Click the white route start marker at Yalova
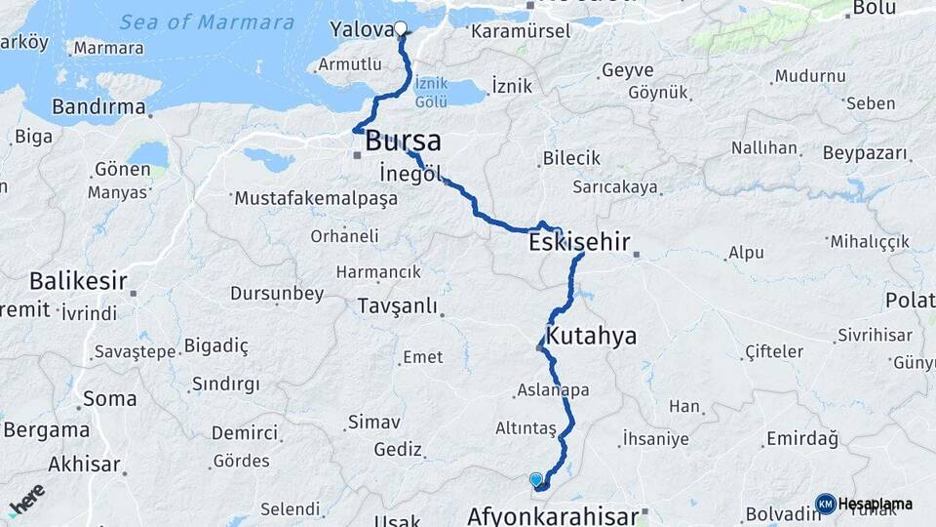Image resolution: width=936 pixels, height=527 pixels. tap(400, 28)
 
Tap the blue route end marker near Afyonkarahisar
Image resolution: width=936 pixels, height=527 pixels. tap(535, 479)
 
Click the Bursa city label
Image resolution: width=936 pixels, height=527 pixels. tap(403, 142)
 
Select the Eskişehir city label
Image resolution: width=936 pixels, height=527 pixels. tap(579, 242)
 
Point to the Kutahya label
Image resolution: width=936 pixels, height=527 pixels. tap(591, 337)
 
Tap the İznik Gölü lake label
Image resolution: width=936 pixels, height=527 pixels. tap(430, 93)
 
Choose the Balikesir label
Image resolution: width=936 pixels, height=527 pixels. tap(78, 282)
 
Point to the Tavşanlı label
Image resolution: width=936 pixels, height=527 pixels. tap(397, 305)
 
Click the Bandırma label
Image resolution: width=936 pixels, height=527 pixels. tap(98, 106)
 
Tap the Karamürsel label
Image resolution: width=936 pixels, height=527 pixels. tap(520, 32)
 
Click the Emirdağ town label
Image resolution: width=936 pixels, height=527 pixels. tap(802, 439)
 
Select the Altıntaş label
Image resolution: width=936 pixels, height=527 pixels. tap(526, 428)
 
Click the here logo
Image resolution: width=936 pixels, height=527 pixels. tap(26, 499)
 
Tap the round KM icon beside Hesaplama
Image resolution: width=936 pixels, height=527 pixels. tap(825, 504)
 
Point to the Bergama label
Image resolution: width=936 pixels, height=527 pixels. tap(46, 429)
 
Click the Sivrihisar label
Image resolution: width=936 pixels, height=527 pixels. tap(875, 336)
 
